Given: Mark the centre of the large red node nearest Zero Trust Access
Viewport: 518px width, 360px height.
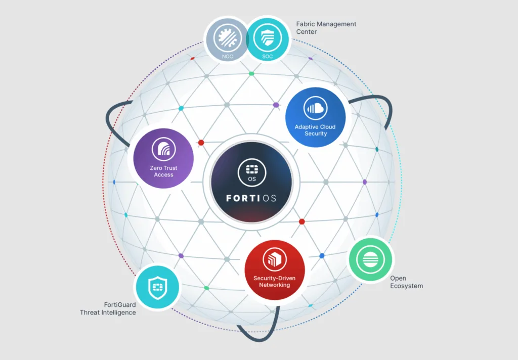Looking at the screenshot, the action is point(201,143).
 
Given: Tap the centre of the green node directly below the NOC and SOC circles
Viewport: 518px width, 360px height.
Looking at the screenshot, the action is point(251,73).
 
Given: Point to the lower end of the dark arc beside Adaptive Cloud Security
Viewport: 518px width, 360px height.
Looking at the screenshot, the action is point(386,128).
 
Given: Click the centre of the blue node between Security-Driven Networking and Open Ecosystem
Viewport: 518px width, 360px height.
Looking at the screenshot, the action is point(322,256).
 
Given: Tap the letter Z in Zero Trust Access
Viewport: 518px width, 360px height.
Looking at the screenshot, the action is point(152,168).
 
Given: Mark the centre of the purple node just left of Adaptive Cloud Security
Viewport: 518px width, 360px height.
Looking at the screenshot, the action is point(276,105).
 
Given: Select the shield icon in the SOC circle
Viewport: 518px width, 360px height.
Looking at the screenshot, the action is point(267,38).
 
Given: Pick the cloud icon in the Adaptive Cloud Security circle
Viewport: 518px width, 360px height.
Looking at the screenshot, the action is point(315,108).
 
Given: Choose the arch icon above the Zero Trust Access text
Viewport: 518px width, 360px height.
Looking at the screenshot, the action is point(164,149).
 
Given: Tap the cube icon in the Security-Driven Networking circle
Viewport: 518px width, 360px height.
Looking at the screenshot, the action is point(275,259).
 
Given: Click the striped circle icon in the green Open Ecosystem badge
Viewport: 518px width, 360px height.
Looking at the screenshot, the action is point(370,259).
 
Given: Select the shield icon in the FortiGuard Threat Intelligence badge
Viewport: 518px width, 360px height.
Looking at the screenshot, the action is point(158,287).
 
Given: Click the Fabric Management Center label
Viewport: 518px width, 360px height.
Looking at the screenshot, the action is point(326,28).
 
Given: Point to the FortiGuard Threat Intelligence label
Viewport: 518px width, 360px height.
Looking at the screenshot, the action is point(108,308).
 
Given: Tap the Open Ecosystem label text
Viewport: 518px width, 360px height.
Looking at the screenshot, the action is point(406,282).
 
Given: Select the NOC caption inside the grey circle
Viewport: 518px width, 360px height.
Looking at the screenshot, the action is point(227,57).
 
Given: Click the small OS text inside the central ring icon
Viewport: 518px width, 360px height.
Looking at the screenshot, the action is point(252,179).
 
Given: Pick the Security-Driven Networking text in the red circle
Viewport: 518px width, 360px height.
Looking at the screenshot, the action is point(275,282).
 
